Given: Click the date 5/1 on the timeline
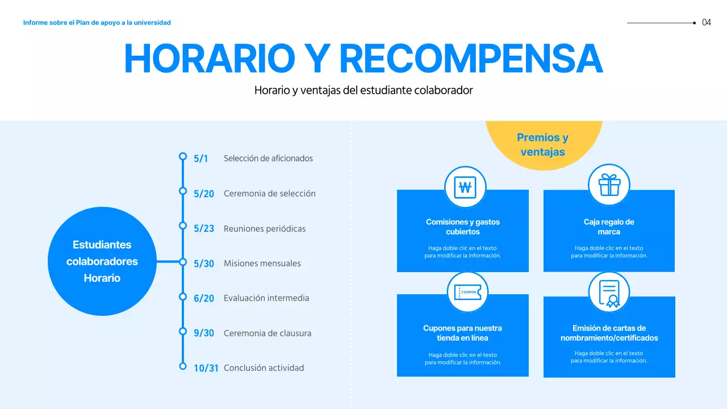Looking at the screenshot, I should pos(200,158).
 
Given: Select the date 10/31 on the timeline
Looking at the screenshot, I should pos(206,368).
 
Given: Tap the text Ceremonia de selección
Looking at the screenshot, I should pos(269,194).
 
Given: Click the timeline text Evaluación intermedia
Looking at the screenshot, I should pos(266,298).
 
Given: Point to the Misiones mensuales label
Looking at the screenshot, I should pos(262,264).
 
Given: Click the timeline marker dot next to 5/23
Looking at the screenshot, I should pos(183,226).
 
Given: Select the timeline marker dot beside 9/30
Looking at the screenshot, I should pos(183,331).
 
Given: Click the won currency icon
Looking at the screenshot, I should pos(465,187).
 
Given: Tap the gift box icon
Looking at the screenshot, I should pos(609,185).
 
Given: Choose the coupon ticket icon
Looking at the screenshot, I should pos(467,293).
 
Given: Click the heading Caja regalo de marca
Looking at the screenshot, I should pos(609,227).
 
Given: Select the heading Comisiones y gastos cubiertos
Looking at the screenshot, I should pos(463,227).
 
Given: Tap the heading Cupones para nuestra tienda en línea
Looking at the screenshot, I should pos(462,333).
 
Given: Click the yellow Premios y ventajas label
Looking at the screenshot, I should pos(542,145).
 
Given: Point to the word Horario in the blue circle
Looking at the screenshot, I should pos(102,278).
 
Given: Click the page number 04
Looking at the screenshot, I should pos(707,23).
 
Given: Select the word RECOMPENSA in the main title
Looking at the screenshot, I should pos(471,59).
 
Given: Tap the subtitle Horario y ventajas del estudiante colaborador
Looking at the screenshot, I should pos(363,90).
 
